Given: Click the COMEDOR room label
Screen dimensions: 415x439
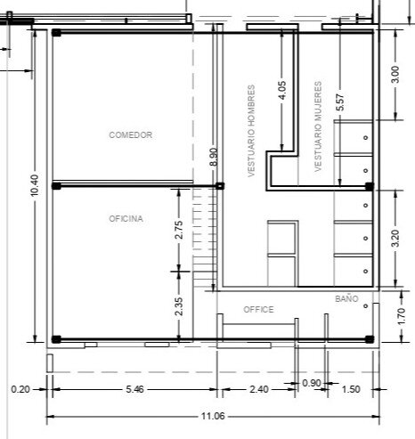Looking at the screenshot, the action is [130, 135].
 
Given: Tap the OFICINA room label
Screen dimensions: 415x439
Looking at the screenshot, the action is [126, 219].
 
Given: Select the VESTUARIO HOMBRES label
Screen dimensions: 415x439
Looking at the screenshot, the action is [251, 131].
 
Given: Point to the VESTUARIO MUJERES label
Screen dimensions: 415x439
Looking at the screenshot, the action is [318, 126].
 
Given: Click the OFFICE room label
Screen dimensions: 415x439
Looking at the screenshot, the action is [258, 310].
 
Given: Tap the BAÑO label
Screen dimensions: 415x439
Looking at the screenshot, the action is [346, 298].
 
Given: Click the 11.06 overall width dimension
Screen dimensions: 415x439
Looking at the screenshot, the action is [213, 416].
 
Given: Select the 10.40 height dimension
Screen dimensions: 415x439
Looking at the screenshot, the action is [35, 185].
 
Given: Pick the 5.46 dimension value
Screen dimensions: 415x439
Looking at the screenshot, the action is [134, 389].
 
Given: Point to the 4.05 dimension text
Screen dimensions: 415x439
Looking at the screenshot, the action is [282, 90].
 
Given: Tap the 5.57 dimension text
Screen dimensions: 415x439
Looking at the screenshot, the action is [340, 102].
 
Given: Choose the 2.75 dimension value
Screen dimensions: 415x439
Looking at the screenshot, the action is [179, 230].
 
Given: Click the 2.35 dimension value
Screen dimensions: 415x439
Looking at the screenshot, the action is [179, 306].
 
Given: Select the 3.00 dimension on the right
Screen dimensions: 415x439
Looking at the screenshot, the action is [395, 75].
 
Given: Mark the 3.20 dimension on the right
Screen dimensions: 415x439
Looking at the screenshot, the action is [395, 238].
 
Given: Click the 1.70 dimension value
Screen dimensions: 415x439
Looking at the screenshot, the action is [401, 316].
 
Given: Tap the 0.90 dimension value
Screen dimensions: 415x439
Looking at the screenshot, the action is [312, 383].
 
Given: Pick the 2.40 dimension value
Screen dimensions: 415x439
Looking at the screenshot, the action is [259, 389].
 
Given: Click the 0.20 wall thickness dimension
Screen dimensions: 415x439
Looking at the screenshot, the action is [20, 389].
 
